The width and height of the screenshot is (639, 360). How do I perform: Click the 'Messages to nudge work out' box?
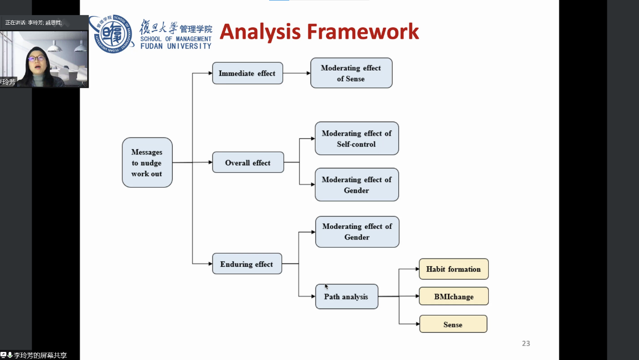(147, 162)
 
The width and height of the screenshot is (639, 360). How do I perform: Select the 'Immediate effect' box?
(247, 73)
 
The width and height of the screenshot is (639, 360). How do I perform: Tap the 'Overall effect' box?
(248, 162)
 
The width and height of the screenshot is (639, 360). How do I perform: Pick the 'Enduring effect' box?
(247, 264)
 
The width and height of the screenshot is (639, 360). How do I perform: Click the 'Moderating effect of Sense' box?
(351, 73)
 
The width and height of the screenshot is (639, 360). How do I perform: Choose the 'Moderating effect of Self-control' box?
(357, 138)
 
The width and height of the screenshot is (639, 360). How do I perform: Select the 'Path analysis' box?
(347, 296)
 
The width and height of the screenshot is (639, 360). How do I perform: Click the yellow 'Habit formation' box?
(454, 269)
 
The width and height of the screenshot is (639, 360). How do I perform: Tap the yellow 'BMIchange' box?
(454, 296)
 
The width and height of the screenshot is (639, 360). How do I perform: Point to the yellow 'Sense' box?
(453, 324)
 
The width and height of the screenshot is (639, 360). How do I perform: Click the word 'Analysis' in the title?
(260, 31)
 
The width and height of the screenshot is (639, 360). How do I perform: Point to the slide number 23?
(526, 343)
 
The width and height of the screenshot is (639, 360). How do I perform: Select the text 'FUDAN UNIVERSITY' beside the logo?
(176, 46)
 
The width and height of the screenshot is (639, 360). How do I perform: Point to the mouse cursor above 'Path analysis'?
(327, 286)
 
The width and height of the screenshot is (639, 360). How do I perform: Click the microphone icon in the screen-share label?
(10, 355)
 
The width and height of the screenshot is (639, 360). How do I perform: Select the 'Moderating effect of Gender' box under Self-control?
(357, 185)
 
